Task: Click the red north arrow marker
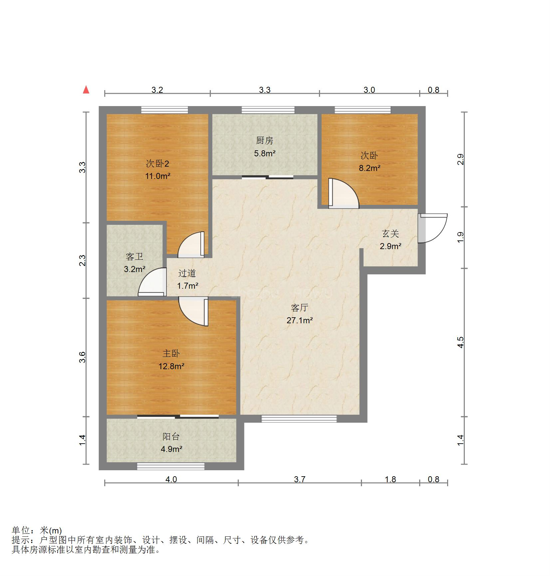coord(86,89)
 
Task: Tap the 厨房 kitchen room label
coord(265,141)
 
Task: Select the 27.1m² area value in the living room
coord(300,321)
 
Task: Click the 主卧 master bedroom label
coord(171,354)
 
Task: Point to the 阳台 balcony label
coord(171,437)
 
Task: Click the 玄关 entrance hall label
coord(390,234)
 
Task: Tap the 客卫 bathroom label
coord(135,256)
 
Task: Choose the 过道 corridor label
coord(187,273)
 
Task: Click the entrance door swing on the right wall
coord(433,228)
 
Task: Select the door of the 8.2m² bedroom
coord(344,194)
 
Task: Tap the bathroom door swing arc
coord(152,282)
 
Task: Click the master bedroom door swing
coord(193,312)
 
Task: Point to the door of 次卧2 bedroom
coord(191,244)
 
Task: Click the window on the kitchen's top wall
coord(268,110)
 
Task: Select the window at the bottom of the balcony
coord(171,466)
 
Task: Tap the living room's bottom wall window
coord(299,419)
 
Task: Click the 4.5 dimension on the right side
coord(460,342)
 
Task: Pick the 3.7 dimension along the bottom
coord(300,479)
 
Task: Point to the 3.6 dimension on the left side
coord(83,357)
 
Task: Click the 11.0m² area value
coord(158,176)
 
